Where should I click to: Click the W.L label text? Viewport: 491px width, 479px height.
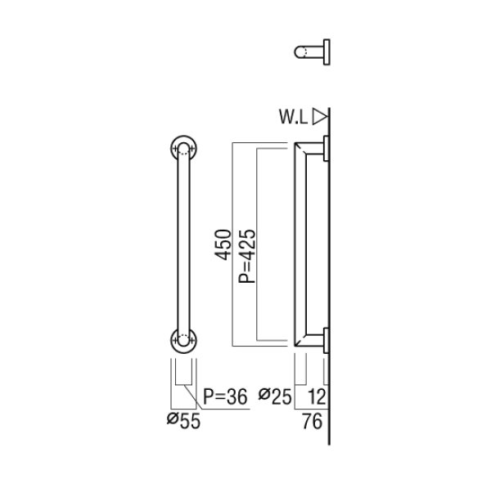pyautogui.click(x=294, y=117)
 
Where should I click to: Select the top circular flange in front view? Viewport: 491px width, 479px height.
pyautogui.click(x=183, y=150)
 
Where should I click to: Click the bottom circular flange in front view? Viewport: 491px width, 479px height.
pyautogui.click(x=183, y=338)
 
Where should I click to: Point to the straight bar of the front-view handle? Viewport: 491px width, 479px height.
pyautogui.click(x=183, y=245)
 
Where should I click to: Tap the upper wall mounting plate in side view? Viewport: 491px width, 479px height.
pyautogui.click(x=327, y=150)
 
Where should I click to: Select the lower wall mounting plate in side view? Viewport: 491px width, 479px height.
pyautogui.click(x=327, y=338)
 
